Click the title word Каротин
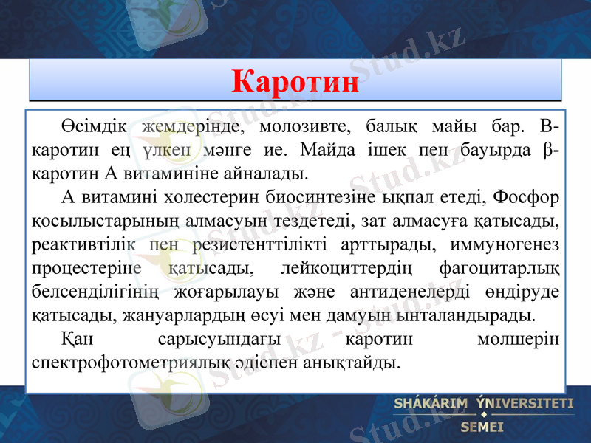[295, 80]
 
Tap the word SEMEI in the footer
[482, 426]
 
